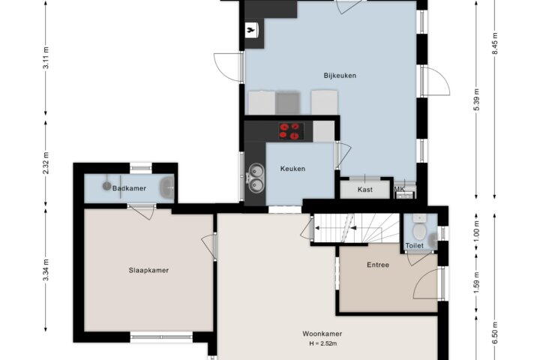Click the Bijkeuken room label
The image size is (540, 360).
click(340, 76)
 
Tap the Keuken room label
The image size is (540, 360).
click(292, 169)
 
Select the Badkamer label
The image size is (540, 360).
click(129, 188)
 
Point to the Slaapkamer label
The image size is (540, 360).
click(148, 271)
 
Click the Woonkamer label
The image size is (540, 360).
click(322, 334)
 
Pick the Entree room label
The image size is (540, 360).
click(378, 265)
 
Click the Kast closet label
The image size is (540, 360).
click(364, 190)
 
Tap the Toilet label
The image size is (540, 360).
click(414, 246)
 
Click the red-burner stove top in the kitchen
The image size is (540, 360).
click(291, 131)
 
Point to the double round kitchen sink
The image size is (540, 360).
click(256, 178)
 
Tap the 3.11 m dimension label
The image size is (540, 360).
click(46, 57)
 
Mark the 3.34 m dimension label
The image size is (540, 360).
click(46, 269)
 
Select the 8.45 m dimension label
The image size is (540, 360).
click(495, 43)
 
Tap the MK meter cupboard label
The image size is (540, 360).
click(400, 189)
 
